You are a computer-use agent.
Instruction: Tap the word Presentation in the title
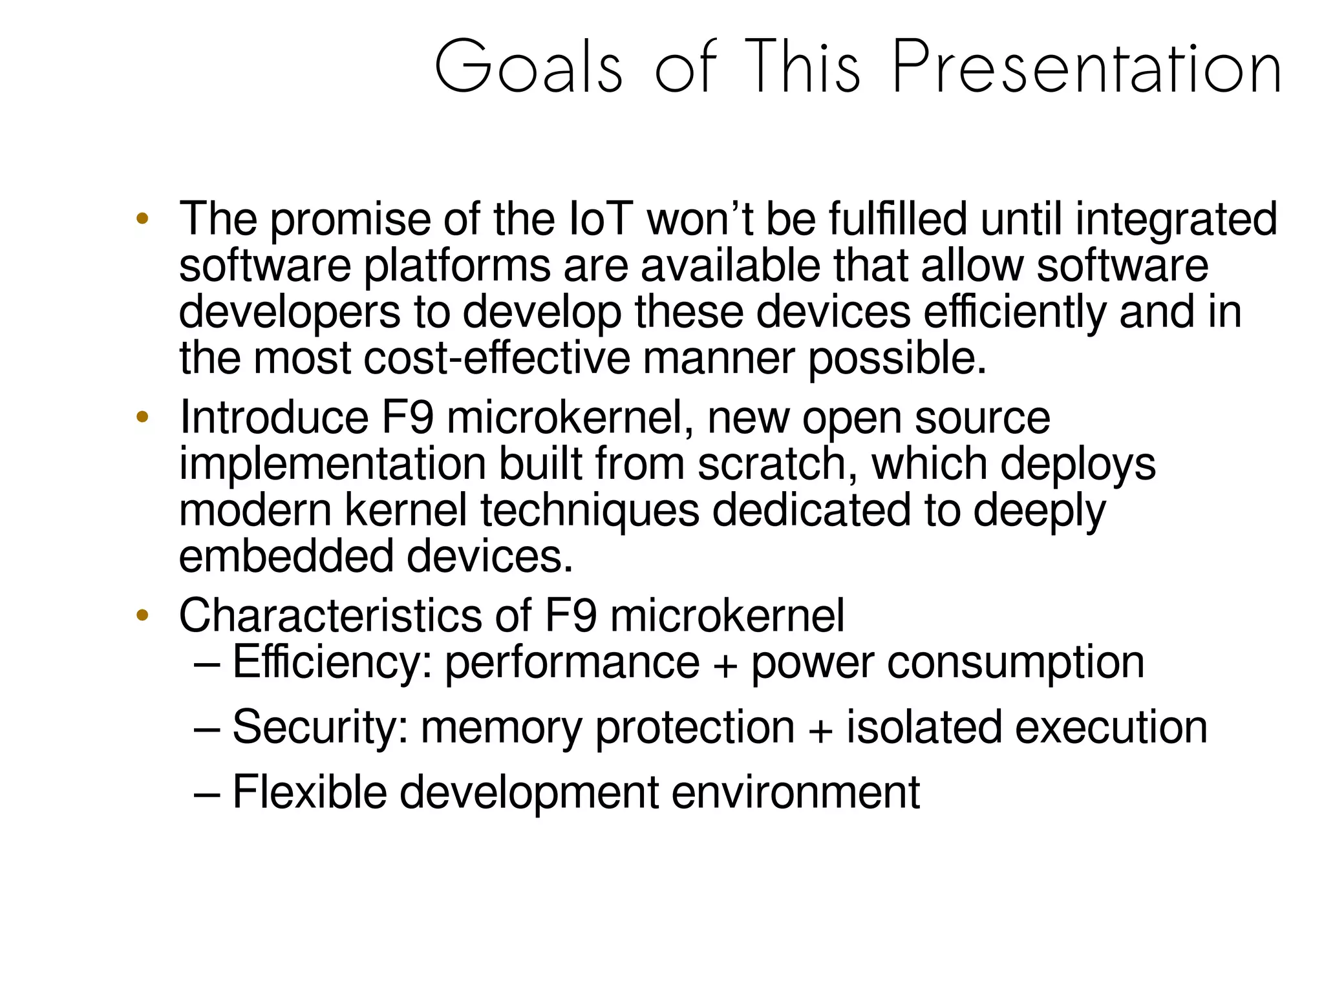click(x=1086, y=67)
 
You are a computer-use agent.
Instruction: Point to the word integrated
click(x=1176, y=220)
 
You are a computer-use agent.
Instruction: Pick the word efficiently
click(x=1014, y=313)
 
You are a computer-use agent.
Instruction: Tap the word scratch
click(x=777, y=464)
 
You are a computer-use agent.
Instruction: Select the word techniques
click(x=590, y=511)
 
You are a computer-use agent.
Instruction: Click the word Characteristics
click(x=330, y=615)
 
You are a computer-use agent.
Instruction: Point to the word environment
click(x=795, y=792)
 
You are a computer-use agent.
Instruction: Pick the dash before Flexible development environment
click(x=208, y=794)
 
